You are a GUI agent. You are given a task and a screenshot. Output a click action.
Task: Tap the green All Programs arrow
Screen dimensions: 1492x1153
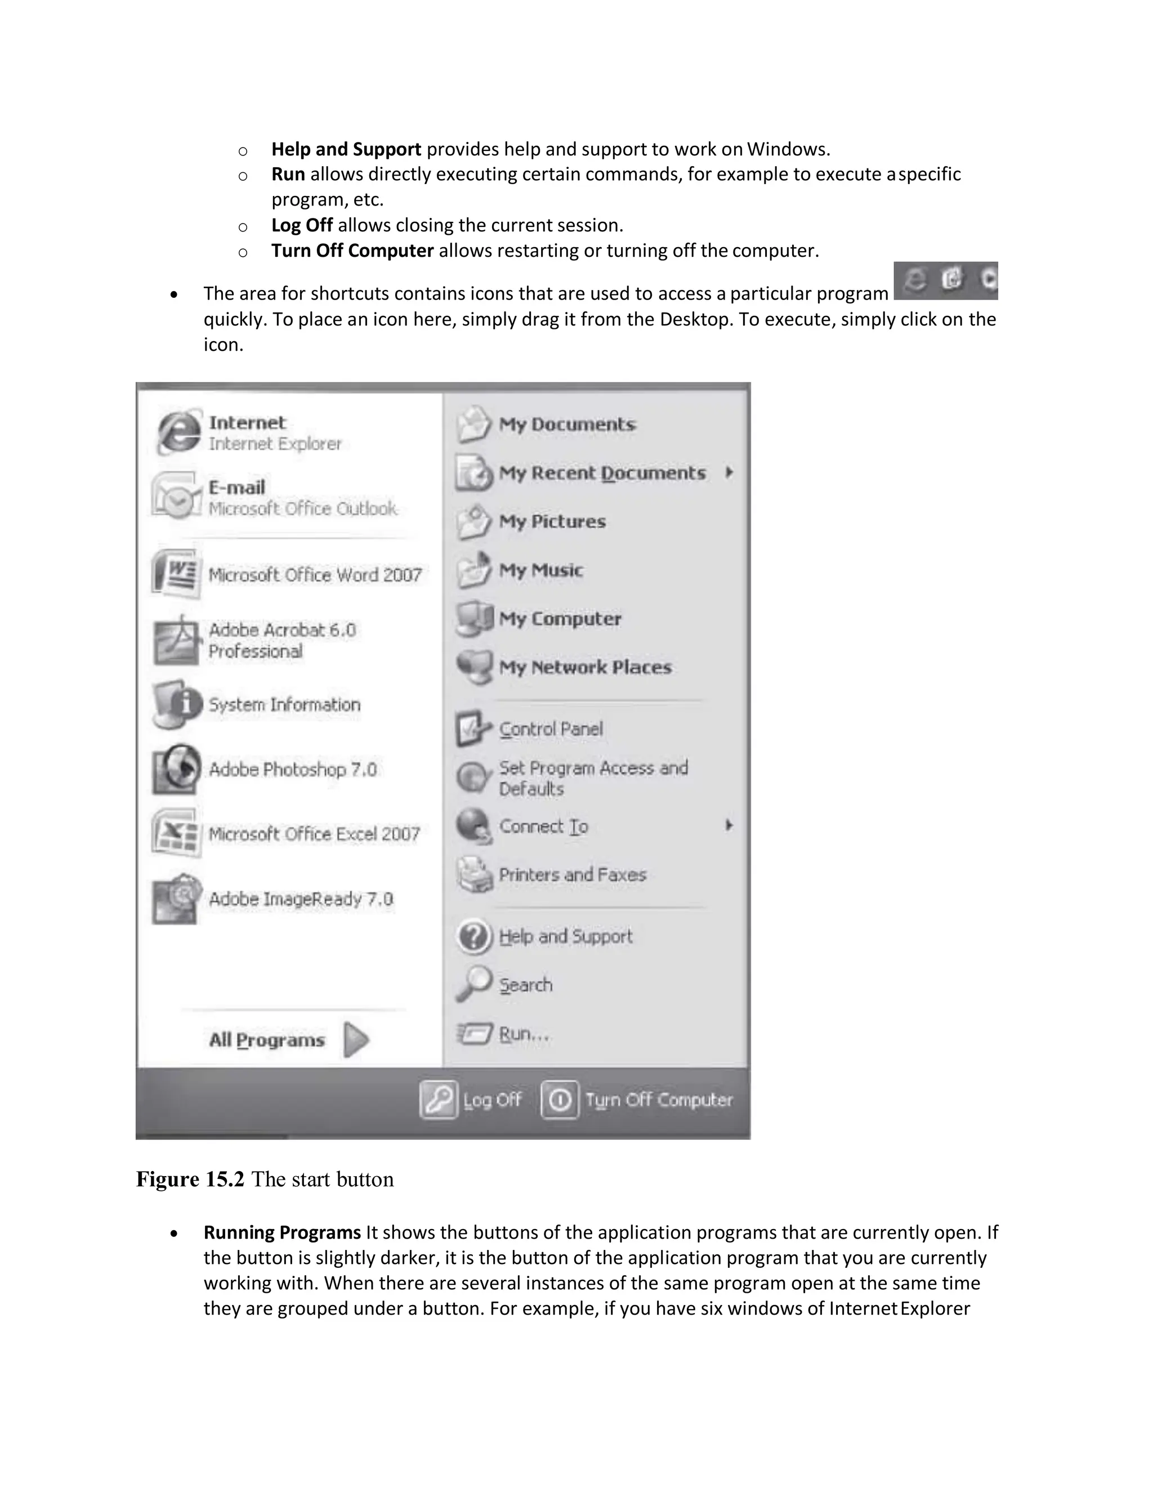[x=356, y=1040]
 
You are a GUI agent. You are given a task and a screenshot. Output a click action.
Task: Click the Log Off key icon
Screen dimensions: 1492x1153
[x=438, y=1099]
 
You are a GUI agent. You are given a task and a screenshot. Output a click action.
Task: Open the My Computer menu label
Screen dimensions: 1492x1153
[x=560, y=619]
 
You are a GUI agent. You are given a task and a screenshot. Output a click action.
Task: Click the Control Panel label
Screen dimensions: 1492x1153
[x=551, y=729]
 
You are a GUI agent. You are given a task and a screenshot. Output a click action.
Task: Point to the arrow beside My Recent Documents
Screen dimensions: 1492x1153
[x=729, y=472]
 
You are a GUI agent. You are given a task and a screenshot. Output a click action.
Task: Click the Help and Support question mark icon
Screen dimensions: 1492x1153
[x=473, y=936]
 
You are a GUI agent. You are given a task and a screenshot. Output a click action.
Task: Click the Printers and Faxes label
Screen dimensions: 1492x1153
[x=573, y=874]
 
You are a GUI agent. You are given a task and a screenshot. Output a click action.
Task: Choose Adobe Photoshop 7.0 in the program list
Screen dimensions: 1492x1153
[x=292, y=769]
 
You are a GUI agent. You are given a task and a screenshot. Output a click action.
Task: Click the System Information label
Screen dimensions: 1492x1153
[x=284, y=704]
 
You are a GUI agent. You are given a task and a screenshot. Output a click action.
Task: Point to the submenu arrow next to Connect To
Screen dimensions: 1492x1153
[x=729, y=825]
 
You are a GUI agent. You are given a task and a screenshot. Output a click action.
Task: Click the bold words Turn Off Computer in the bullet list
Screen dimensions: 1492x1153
[x=352, y=251]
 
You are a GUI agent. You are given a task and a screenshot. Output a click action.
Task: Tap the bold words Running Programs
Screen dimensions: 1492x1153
[x=281, y=1232]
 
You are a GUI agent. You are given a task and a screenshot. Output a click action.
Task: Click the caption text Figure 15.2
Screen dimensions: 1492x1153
[x=190, y=1179]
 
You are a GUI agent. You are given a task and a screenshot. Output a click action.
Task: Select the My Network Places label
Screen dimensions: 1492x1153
[x=585, y=667]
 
